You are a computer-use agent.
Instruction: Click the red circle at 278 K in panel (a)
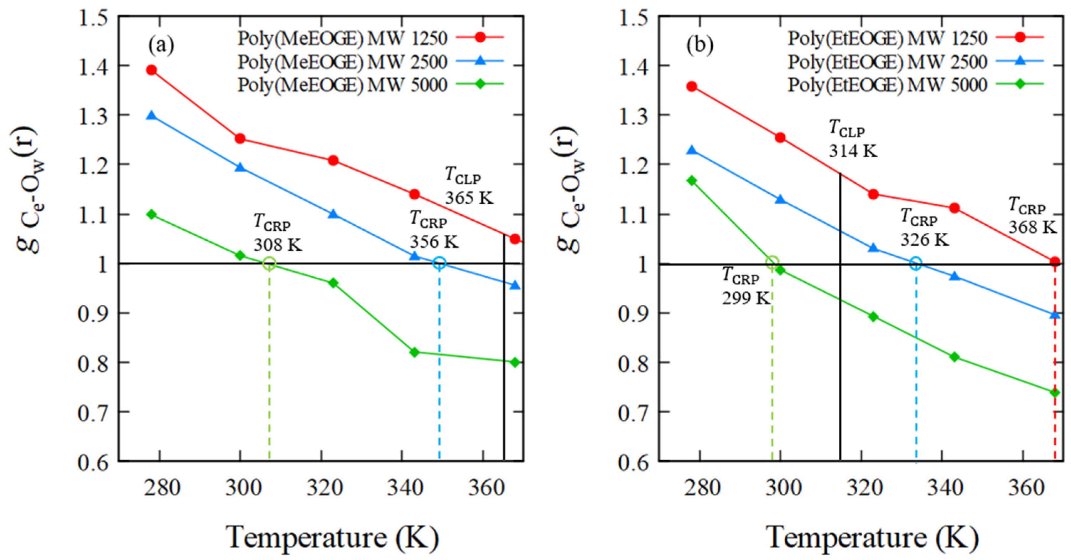point(152,70)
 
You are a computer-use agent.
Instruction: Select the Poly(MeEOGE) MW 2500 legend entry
point(342,62)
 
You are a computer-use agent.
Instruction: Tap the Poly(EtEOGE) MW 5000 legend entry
point(887,85)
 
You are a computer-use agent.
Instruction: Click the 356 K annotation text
point(434,241)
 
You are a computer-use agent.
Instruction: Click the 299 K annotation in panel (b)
point(746,298)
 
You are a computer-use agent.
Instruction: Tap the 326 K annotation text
point(925,240)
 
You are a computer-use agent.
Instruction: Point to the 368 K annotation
point(1032,227)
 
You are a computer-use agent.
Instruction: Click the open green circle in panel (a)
point(269,263)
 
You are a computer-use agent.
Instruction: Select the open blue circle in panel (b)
point(916,263)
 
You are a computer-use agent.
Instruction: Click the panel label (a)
point(161,45)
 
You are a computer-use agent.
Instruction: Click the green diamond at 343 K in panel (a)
point(414,352)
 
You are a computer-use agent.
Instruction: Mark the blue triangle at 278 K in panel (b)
point(692,150)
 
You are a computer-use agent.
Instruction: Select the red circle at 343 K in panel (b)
point(955,208)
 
